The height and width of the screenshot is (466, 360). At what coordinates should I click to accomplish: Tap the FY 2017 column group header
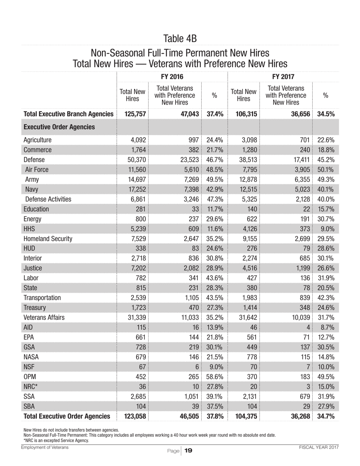[x=283, y=77]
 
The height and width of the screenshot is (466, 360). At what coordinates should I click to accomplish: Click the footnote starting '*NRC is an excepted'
[x=56, y=441]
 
